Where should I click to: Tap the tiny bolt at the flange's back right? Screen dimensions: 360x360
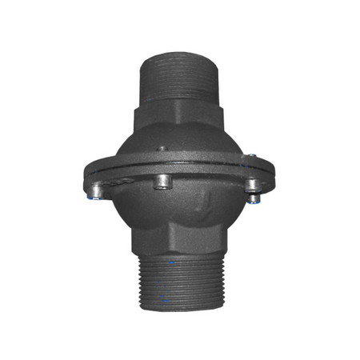250,156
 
